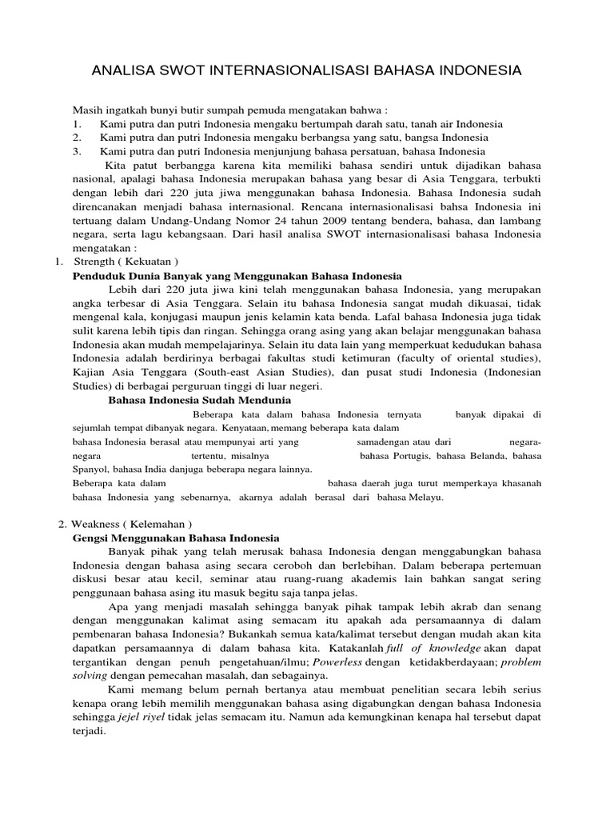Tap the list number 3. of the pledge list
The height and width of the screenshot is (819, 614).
coord(77,151)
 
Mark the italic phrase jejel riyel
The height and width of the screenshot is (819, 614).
coord(139,717)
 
